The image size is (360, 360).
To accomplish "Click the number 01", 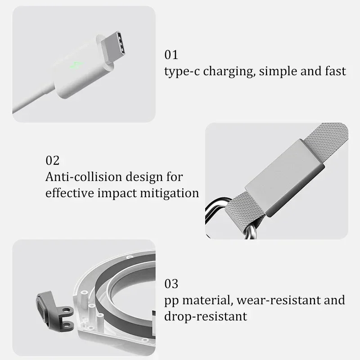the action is pos(171,55).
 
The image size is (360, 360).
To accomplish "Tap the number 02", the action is pos(53,160).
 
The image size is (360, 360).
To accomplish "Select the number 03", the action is pos(171,284).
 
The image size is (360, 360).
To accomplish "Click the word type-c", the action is pos(182,72).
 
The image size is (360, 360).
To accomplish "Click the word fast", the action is pos(335,71).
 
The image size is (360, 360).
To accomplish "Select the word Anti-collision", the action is pos(84,176).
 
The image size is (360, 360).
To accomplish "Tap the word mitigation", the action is pos(170,193).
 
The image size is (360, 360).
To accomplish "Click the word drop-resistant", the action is pos(206,316).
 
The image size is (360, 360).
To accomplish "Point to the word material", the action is pos(208,300).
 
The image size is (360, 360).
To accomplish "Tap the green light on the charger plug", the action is pos(76,65).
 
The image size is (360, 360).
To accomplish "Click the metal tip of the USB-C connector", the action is pos(113,46).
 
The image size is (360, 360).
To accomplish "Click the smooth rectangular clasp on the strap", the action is pos(285,177).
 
